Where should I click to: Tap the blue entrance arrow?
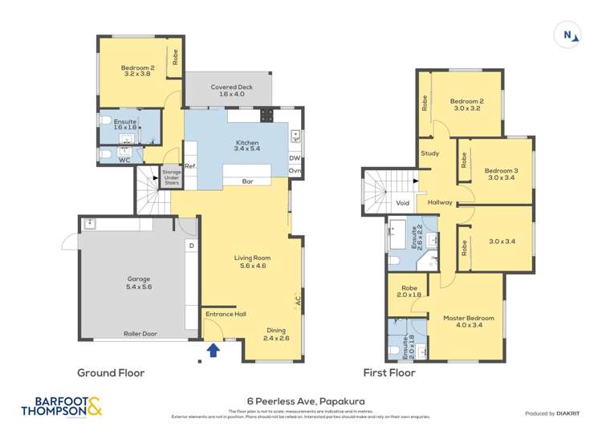214,349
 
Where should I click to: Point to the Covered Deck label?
227,90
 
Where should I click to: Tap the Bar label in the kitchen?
249,182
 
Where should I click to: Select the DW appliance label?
295,158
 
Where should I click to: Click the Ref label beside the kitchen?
190,167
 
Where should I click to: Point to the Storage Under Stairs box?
171,177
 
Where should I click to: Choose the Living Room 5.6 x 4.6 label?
251,262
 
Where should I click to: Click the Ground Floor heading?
111,372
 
